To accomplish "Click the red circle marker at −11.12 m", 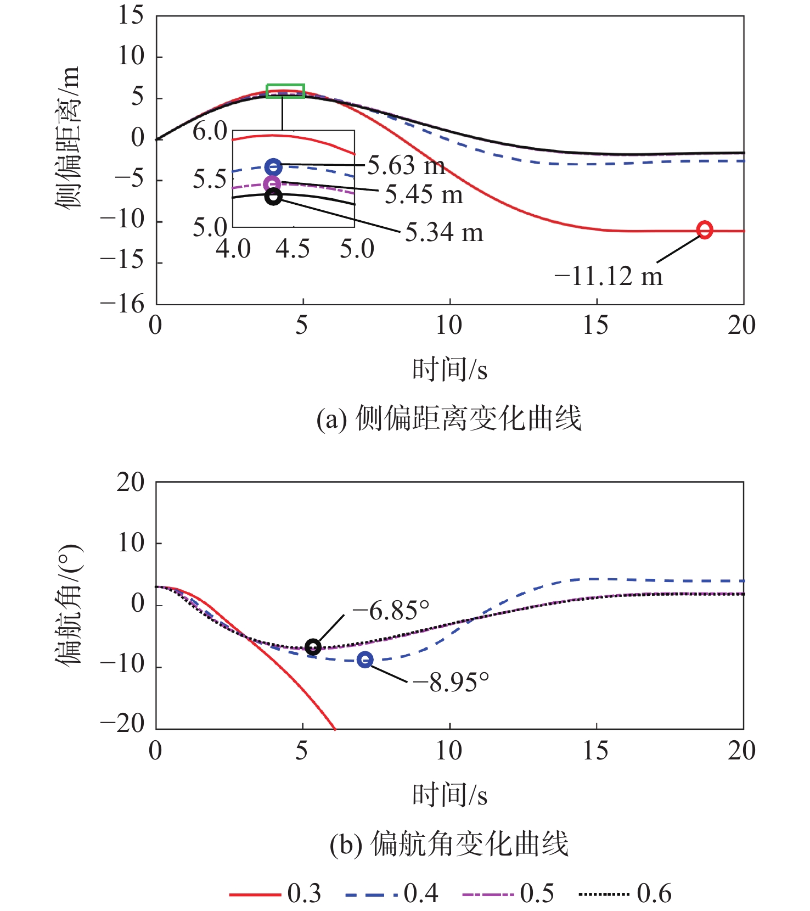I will coord(705,230).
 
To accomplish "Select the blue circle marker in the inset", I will coord(273,167).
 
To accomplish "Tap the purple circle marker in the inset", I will coord(272,184).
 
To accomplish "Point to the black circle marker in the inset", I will coord(273,197).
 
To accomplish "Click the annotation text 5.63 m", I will coord(406,165).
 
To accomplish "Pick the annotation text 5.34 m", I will coord(444,232).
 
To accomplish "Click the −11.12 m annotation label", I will coord(609,276).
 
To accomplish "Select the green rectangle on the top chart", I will coord(285,91).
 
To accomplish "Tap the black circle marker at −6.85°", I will coord(313,647).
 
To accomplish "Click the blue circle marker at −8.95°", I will coord(365,660).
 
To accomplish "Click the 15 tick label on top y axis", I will coord(131,15).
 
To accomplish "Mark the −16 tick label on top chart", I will coord(122,304).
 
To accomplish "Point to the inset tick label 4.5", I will coord(292,249).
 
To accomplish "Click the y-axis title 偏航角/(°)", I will coord(69,605).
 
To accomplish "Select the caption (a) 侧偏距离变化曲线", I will coord(449,419).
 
